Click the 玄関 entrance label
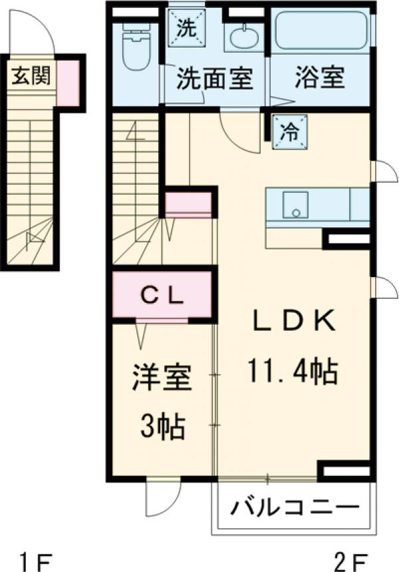point(30,76)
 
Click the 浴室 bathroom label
point(320,78)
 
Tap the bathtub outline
point(320,31)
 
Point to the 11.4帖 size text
point(292,371)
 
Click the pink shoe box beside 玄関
point(68,83)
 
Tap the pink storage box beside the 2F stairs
point(188,205)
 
